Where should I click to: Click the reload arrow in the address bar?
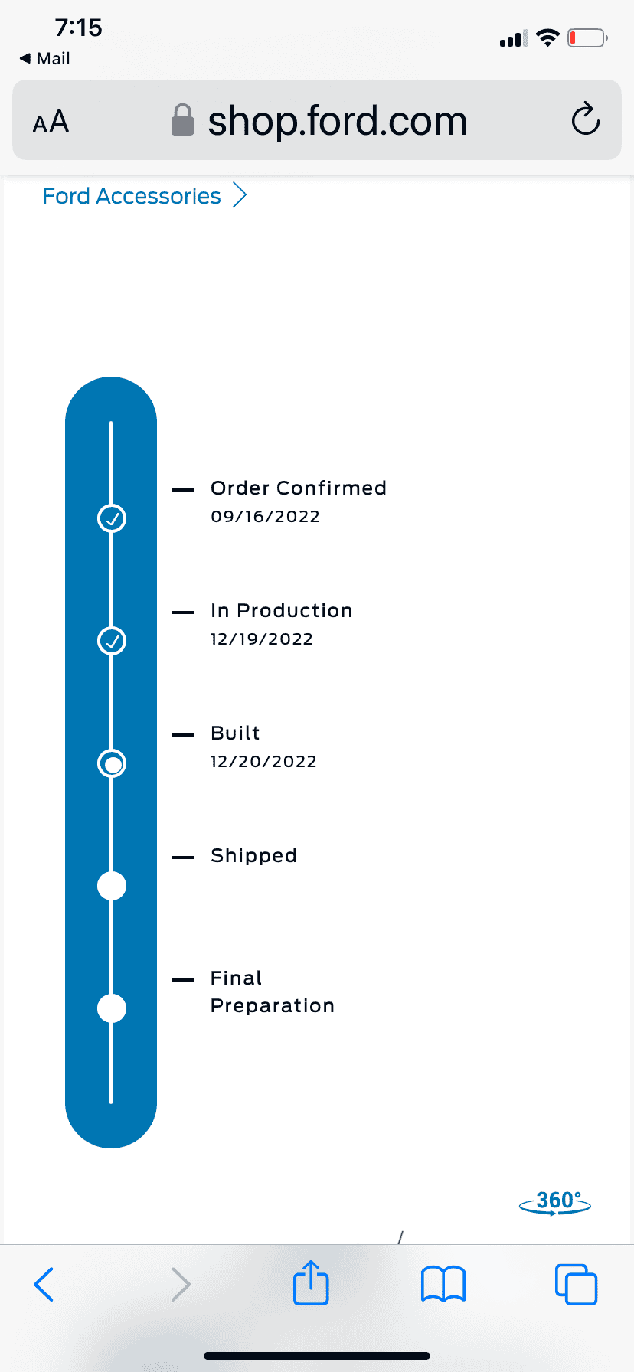point(586,119)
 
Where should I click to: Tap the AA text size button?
point(51,122)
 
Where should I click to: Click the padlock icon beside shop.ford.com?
point(182,120)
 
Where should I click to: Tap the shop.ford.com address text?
point(337,121)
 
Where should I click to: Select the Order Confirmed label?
point(299,488)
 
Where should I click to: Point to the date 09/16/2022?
point(265,517)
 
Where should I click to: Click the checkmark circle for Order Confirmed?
point(112,518)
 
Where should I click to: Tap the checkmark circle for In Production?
point(112,641)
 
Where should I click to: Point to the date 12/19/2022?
point(262,639)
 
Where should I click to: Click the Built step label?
point(235,733)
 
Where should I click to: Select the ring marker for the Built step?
point(112,763)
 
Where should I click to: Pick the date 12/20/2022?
point(263,762)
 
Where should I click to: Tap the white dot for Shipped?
point(112,886)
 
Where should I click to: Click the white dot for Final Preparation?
point(112,1008)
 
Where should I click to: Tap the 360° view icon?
point(555,1203)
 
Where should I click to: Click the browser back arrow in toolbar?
point(44,1284)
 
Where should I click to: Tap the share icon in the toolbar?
point(311,1282)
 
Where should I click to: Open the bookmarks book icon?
point(443,1284)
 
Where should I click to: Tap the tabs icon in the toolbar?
point(576,1284)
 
